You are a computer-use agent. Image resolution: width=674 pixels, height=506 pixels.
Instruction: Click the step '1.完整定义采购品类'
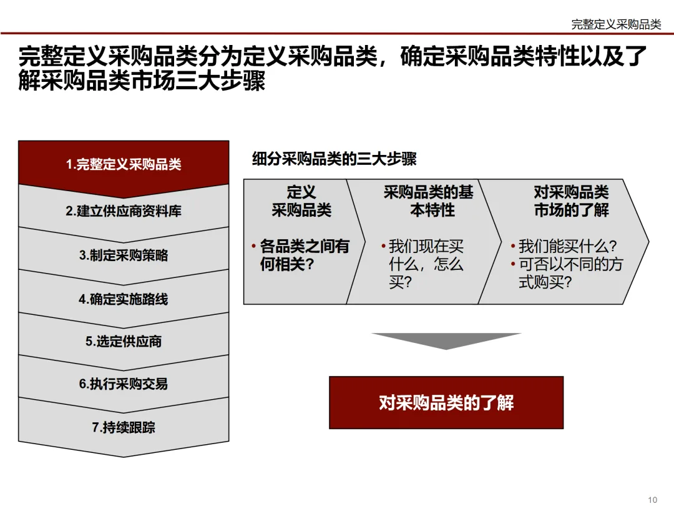click(x=124, y=165)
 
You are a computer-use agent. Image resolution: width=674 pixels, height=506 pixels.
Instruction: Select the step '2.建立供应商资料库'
click(x=124, y=211)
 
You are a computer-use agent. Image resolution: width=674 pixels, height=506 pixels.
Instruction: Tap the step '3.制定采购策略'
click(x=124, y=255)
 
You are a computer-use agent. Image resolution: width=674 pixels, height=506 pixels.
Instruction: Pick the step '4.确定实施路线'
click(x=124, y=299)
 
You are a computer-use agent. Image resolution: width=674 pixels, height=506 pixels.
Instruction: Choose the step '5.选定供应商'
click(x=124, y=342)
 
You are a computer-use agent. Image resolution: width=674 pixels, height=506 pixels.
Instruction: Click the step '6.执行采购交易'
click(x=124, y=384)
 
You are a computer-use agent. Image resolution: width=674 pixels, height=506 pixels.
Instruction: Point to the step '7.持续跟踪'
click(x=124, y=428)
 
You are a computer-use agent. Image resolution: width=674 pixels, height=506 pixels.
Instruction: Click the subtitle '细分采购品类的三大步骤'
click(x=334, y=159)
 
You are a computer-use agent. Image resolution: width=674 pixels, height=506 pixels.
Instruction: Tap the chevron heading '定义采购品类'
click(x=301, y=201)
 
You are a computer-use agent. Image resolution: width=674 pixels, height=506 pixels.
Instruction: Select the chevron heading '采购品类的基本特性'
click(x=429, y=201)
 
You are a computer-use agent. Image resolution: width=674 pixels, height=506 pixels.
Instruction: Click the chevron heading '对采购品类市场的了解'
click(x=571, y=201)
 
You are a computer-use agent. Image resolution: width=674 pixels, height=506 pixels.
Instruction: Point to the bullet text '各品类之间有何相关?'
click(x=304, y=255)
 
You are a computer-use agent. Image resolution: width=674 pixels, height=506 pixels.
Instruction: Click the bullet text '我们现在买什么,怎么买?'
click(x=426, y=264)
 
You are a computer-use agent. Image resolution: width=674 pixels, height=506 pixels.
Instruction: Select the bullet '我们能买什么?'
click(x=567, y=246)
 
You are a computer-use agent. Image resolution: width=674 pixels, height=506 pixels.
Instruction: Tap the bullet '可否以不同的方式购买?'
click(x=570, y=273)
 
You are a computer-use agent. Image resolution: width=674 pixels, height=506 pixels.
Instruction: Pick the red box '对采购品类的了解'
click(x=446, y=403)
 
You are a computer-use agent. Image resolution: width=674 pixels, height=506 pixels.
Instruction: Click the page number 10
click(x=653, y=499)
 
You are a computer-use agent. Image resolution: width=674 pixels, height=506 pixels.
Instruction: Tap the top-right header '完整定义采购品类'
click(x=616, y=24)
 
